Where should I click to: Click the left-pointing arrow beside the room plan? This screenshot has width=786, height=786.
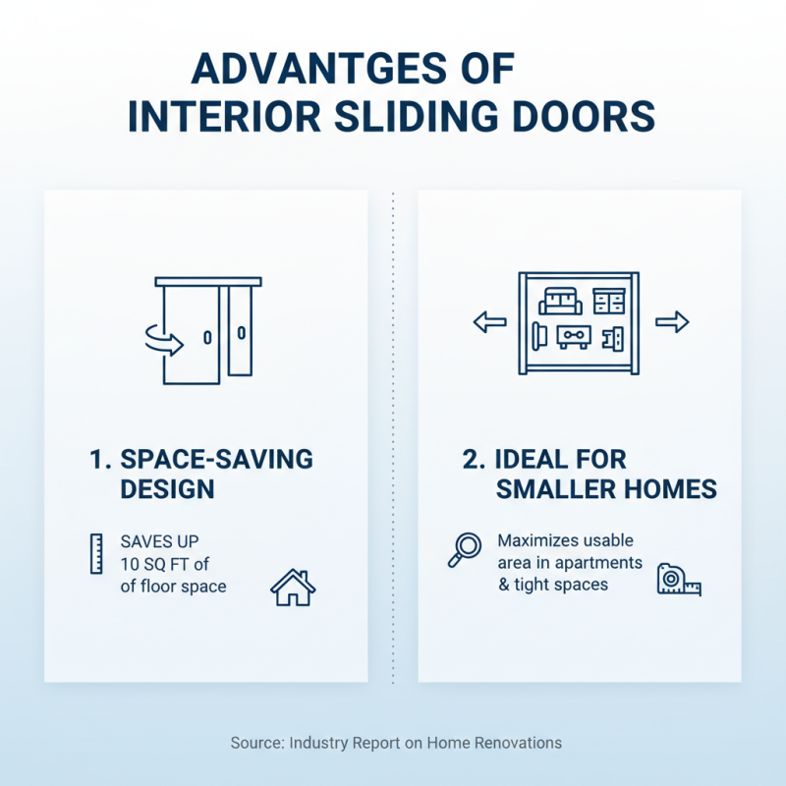[x=488, y=322]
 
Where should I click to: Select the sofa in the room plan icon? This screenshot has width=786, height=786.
[x=561, y=300]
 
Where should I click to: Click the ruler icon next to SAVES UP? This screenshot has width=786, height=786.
[x=95, y=554]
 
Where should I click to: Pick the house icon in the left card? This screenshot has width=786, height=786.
[x=293, y=587]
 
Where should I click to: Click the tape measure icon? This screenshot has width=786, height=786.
[x=678, y=580]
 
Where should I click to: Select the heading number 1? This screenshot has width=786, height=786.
[x=96, y=460]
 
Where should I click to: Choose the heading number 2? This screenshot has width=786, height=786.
[x=472, y=460]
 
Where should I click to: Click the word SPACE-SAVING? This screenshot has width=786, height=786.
[x=216, y=460]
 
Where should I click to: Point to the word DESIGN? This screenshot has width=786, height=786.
[x=167, y=489]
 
